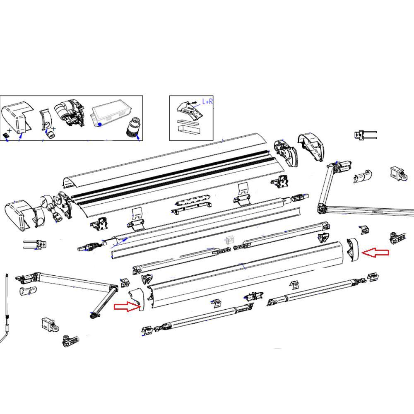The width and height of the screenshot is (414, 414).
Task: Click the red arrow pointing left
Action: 376,253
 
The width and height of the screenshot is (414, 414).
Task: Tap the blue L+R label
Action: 207,101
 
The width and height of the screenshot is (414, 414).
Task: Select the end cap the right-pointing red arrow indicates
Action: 137,299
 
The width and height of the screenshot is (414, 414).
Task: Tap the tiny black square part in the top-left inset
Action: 6,135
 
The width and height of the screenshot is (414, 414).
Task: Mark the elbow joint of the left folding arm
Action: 113,288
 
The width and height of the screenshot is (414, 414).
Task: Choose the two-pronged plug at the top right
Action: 364,135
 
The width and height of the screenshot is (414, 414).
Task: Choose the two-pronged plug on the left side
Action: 35,245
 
